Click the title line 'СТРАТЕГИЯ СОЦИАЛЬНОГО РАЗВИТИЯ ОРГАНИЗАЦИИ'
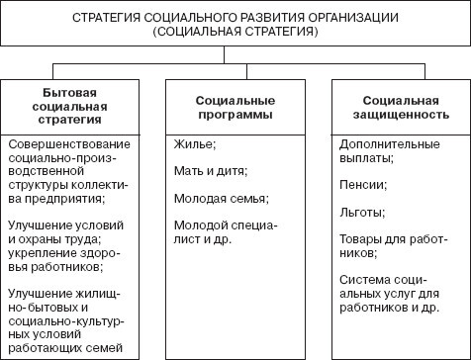(235, 19)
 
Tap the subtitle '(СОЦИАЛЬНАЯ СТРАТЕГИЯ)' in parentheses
(235, 33)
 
